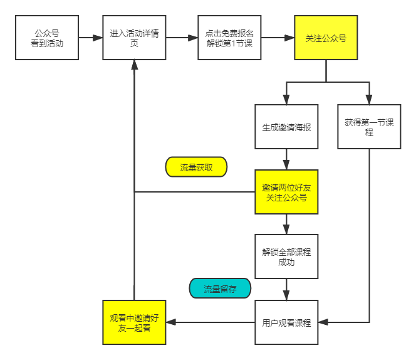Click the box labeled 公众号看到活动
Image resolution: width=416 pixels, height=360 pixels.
click(47, 38)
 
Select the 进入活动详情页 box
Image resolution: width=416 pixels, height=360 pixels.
click(134, 38)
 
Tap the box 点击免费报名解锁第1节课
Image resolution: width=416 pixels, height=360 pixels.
click(229, 38)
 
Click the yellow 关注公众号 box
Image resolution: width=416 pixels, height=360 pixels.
click(326, 38)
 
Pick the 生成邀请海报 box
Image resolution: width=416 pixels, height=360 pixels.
click(286, 127)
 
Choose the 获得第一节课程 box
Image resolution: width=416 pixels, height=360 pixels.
click(369, 127)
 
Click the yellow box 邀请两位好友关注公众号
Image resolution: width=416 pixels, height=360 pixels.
click(286, 192)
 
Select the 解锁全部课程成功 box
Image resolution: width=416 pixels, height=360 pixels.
click(286, 257)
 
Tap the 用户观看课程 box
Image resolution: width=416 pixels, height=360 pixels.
click(286, 322)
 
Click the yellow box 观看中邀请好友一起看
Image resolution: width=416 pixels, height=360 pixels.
click(134, 322)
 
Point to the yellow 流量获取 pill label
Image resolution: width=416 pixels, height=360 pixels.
click(196, 167)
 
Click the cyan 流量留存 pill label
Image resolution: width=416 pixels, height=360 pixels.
click(220, 289)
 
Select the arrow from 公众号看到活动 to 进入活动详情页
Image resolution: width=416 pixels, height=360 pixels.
click(90, 38)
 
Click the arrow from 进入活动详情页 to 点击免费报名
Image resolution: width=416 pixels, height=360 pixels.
click(182, 38)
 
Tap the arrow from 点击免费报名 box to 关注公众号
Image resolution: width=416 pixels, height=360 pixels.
click(278, 38)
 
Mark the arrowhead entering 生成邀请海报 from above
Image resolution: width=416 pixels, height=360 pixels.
click(286, 100)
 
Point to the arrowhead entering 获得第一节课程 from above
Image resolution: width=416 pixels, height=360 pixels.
click(369, 100)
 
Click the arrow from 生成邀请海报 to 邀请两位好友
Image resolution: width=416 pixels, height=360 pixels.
click(286, 159)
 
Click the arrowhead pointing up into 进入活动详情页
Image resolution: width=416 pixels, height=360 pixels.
click(134, 65)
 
